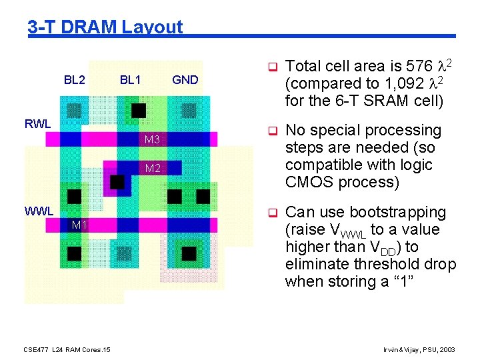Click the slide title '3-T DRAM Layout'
click(105, 27)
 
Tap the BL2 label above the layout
click(74, 80)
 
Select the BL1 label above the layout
click(130, 80)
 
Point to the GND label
click(185, 80)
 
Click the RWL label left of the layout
click(37, 123)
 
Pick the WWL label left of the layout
click(39, 211)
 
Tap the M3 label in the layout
click(152, 140)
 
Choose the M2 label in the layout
click(153, 168)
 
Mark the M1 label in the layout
click(79, 225)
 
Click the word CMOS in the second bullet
click(305, 182)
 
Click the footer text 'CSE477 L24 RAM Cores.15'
click(67, 349)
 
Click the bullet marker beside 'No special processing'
click(272, 131)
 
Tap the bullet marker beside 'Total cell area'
click(272, 67)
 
